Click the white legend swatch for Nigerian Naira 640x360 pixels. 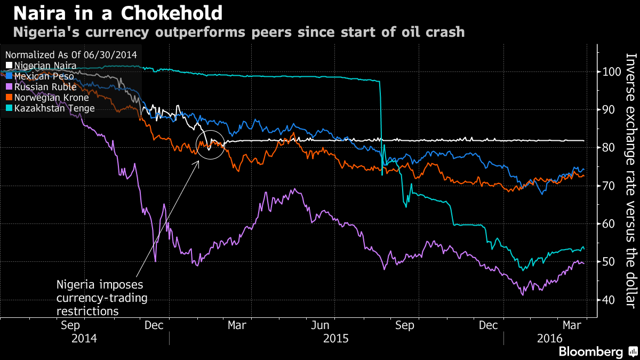pos(8,66)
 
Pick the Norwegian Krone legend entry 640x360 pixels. pos(51,98)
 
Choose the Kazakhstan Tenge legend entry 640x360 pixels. pos(54,108)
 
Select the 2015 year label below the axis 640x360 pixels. pos(335,338)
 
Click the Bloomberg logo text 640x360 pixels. pos(590,352)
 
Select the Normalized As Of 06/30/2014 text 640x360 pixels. pos(71,54)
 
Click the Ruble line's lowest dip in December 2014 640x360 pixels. pos(155,261)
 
